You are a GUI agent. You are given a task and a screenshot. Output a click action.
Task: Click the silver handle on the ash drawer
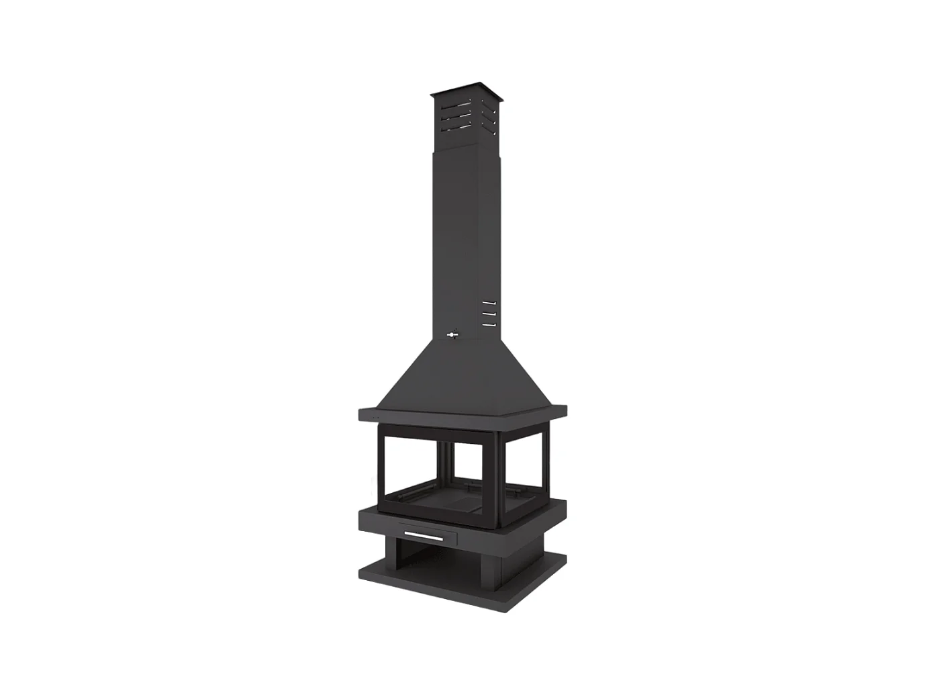(x=423, y=537)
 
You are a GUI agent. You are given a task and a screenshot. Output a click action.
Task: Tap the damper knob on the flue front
(x=452, y=335)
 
